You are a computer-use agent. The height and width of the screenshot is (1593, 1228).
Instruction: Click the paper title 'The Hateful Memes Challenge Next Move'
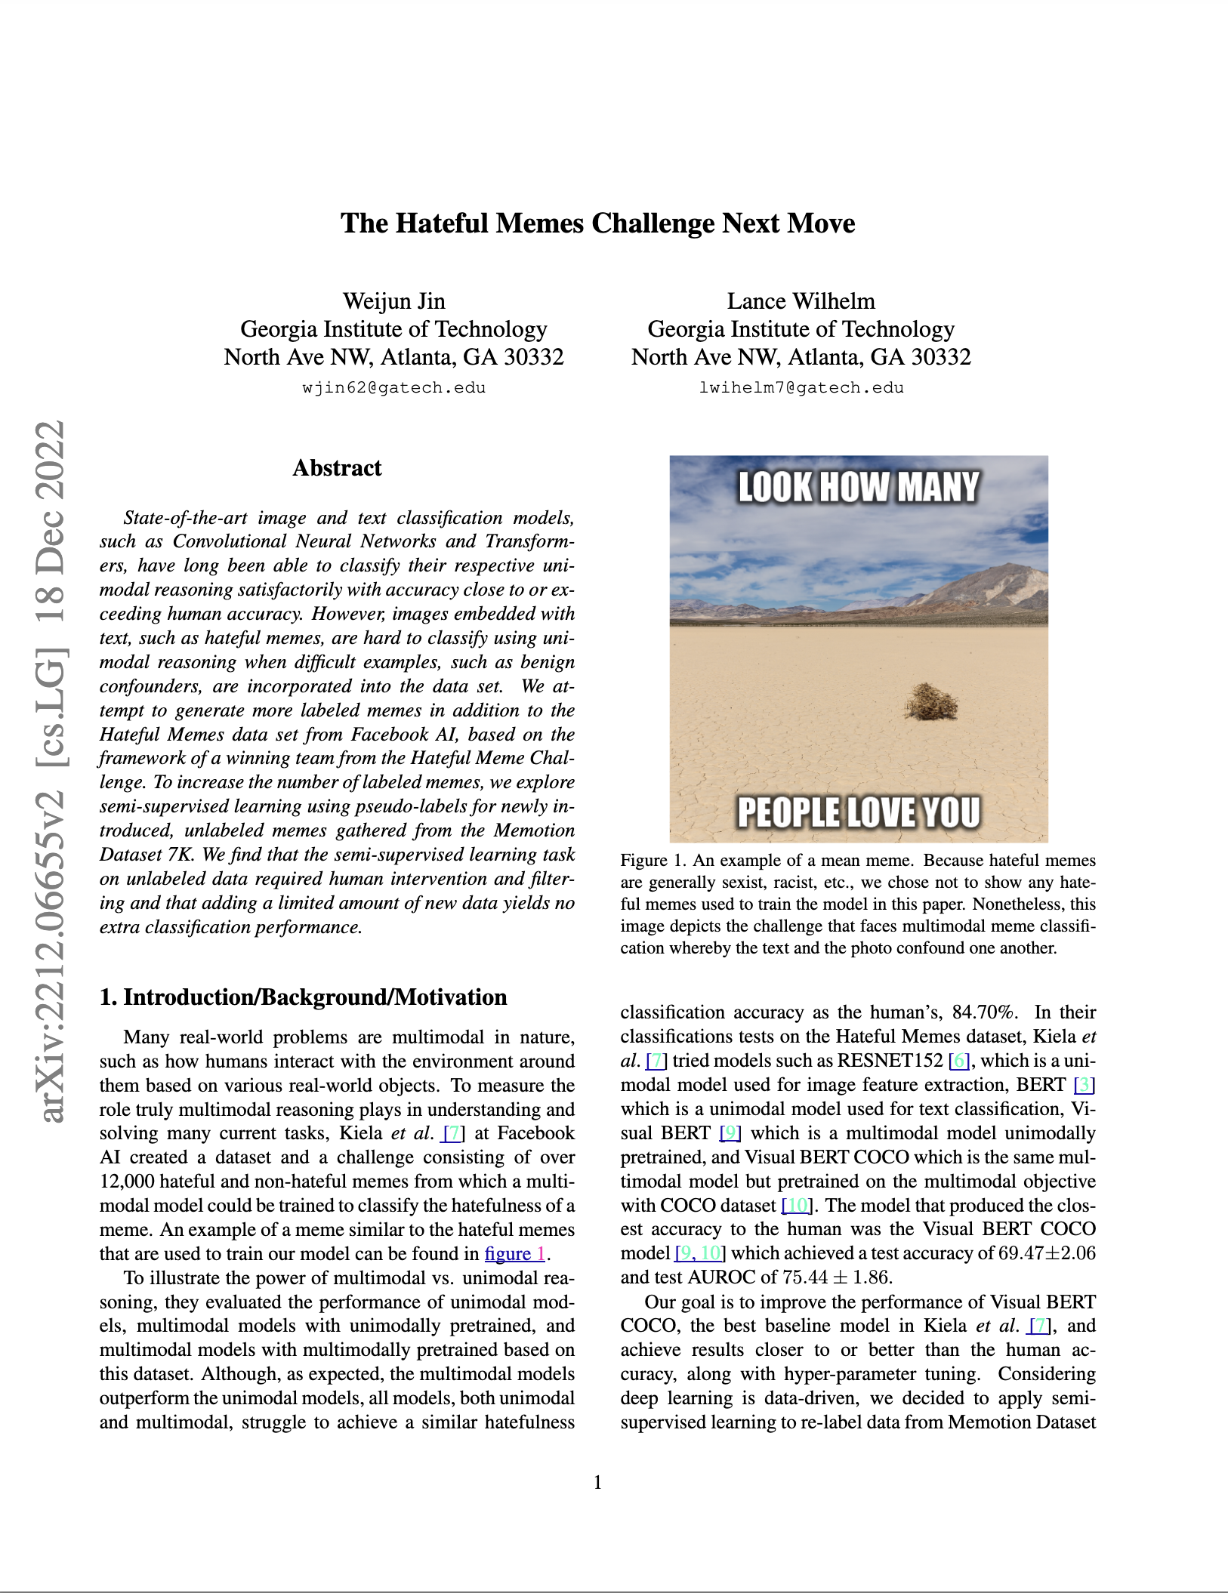597,223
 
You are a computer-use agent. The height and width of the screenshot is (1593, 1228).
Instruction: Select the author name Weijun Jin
393,301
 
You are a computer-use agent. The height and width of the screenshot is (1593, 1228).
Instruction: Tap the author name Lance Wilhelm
801,301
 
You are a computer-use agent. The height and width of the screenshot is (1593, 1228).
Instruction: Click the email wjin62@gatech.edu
393,388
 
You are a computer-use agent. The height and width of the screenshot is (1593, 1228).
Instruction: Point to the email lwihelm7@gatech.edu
801,388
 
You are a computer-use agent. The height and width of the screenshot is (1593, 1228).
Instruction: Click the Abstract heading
337,468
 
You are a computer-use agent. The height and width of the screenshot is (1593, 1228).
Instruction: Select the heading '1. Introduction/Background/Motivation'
303,997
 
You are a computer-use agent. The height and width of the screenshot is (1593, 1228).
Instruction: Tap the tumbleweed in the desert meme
930,701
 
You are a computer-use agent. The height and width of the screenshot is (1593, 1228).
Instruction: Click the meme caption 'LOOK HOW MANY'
858,487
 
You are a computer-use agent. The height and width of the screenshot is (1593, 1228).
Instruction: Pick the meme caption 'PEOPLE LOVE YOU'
858,812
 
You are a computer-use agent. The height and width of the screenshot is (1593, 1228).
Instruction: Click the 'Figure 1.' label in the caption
653,861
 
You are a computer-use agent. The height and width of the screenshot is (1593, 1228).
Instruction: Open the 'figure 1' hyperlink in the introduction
514,1254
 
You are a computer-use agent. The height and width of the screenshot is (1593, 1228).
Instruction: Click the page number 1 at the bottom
598,1483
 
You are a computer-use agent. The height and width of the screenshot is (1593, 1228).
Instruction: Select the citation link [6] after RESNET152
958,1061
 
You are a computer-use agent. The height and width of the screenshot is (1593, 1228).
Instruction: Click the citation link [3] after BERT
1084,1085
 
